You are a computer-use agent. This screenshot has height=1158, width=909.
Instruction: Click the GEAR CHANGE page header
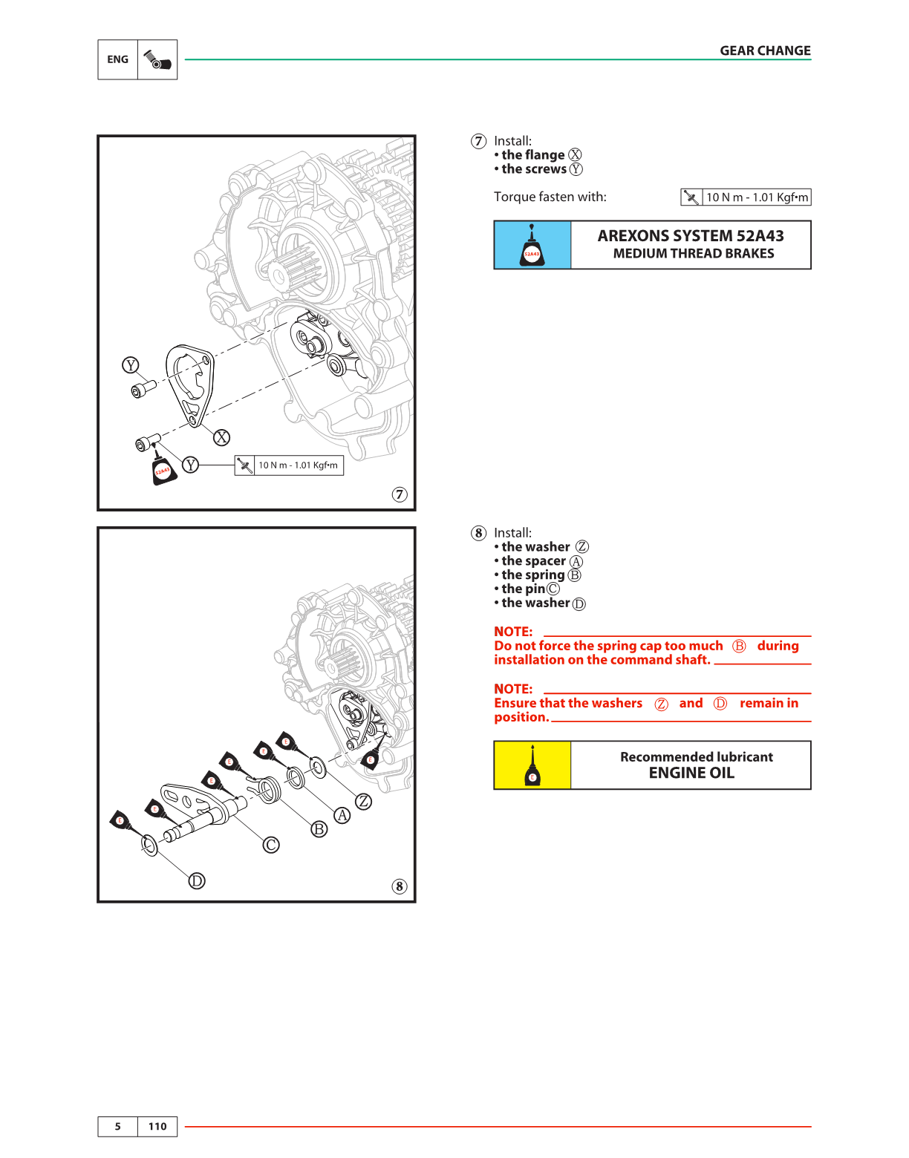click(x=765, y=50)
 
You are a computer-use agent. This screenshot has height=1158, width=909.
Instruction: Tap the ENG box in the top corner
click(x=118, y=59)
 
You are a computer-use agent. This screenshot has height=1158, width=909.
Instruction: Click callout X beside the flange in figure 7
click(x=221, y=437)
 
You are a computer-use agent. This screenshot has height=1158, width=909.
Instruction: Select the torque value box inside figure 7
click(x=289, y=465)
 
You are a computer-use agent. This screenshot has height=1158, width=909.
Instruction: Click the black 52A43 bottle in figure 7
click(x=164, y=471)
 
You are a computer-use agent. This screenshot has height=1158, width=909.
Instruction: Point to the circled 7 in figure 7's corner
click(x=400, y=494)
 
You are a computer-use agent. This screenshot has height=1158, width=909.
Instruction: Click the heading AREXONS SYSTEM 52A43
click(x=691, y=236)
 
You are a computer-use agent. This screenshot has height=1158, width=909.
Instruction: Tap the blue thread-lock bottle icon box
click(x=532, y=245)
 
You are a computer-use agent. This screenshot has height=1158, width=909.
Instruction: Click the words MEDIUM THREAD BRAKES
click(x=694, y=254)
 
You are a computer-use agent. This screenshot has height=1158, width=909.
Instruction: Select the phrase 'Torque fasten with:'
click(x=550, y=197)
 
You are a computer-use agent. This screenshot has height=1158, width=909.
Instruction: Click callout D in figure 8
click(x=196, y=880)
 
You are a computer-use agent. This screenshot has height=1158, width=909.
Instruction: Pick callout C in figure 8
click(x=272, y=845)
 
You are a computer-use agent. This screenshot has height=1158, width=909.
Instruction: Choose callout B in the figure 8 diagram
click(x=319, y=828)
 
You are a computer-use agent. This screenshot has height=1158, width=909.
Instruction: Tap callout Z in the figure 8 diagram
click(x=364, y=802)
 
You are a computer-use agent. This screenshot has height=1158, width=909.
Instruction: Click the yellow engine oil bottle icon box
click(x=532, y=765)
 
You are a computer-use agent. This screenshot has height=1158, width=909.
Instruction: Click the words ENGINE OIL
click(x=691, y=773)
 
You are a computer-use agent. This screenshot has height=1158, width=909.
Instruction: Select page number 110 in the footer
click(x=157, y=1126)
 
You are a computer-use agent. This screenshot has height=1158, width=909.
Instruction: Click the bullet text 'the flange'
click(x=533, y=155)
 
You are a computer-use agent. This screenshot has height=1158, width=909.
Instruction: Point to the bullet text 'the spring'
click(x=533, y=575)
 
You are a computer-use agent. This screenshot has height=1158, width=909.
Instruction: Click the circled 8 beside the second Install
click(x=479, y=533)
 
